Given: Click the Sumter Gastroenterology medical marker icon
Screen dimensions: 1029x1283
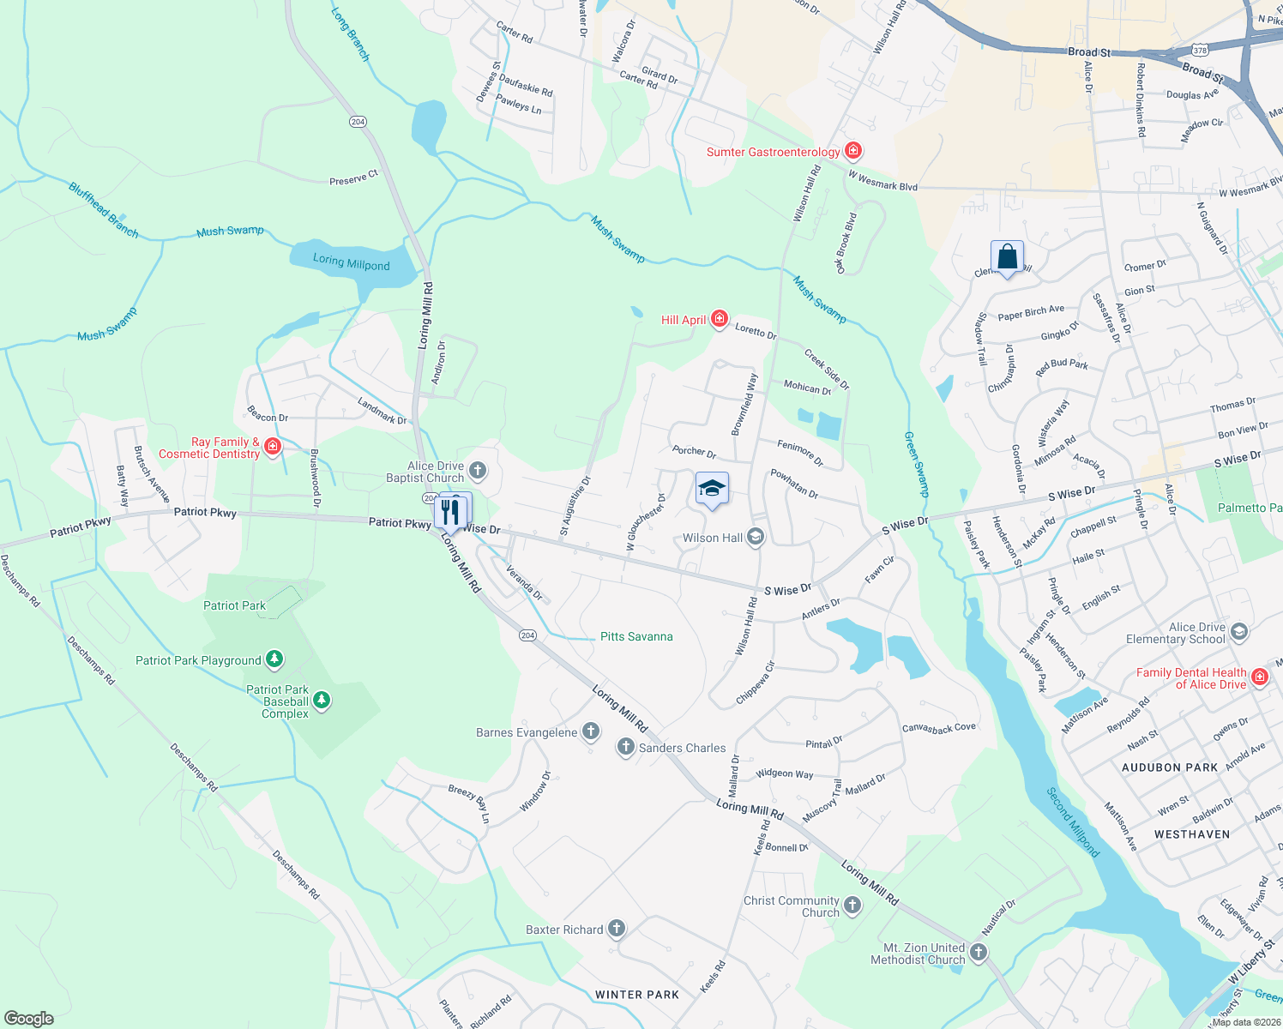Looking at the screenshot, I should [x=852, y=152].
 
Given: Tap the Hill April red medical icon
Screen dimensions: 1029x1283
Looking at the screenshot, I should [x=719, y=320].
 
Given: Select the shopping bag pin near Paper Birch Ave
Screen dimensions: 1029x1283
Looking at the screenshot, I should [x=1007, y=257].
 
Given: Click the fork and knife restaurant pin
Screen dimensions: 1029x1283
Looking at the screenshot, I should [x=449, y=511].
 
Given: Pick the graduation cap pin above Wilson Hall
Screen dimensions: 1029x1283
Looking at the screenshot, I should [x=712, y=490].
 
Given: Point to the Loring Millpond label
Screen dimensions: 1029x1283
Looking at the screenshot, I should [x=351, y=262].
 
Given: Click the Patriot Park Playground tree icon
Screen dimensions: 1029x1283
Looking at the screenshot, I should [x=274, y=659].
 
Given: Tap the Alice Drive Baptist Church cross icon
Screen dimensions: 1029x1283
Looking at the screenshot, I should [x=478, y=471].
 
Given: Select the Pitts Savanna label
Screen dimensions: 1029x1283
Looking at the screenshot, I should [x=636, y=636].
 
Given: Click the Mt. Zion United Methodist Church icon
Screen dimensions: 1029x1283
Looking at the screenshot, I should [x=979, y=953].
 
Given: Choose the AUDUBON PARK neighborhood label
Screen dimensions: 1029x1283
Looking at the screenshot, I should [x=1170, y=767].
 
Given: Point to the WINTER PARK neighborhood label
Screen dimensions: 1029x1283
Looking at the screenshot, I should [x=636, y=995].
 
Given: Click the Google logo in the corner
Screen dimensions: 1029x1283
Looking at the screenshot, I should [x=28, y=1018].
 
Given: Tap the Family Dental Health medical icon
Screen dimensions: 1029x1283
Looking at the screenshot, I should [x=1259, y=677].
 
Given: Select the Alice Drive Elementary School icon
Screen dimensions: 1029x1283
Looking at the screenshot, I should [x=1238, y=633].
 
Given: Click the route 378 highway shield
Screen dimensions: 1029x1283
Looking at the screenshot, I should [x=1200, y=51].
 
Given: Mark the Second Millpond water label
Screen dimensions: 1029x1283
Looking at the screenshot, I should [x=1073, y=821].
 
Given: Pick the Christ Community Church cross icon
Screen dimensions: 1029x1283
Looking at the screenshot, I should [x=852, y=906].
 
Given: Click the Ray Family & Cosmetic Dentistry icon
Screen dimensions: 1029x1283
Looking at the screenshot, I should [x=273, y=446].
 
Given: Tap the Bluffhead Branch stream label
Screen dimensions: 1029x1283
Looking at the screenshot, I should [x=103, y=209].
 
